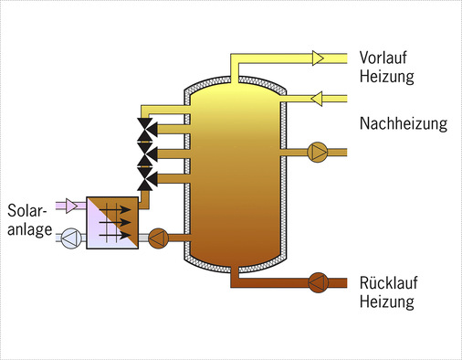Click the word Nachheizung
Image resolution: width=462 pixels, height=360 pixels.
click(x=403, y=123)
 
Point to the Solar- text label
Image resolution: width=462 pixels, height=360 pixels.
click(x=26, y=209)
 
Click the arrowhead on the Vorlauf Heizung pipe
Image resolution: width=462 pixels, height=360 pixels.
click(x=318, y=58)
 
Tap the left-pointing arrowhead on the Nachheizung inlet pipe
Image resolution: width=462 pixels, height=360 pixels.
click(x=318, y=95)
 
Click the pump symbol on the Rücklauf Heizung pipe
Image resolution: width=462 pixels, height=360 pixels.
click(x=319, y=281)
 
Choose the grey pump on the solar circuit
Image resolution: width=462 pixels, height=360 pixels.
click(x=70, y=238)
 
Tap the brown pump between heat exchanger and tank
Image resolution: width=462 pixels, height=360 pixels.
click(x=157, y=238)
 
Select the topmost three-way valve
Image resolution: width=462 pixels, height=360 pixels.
click(x=145, y=126)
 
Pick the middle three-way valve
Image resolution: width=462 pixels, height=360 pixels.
click(x=145, y=151)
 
